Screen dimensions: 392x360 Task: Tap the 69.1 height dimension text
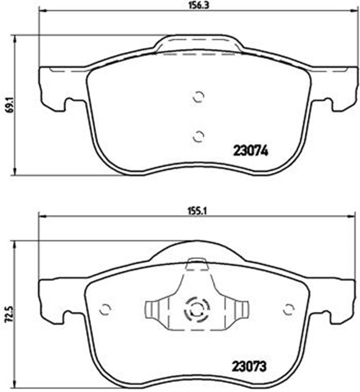pos(8,104)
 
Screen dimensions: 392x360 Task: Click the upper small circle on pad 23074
pos(197,96)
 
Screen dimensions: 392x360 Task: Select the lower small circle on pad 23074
pos(197,136)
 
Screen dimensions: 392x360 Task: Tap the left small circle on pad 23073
pos(105,309)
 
